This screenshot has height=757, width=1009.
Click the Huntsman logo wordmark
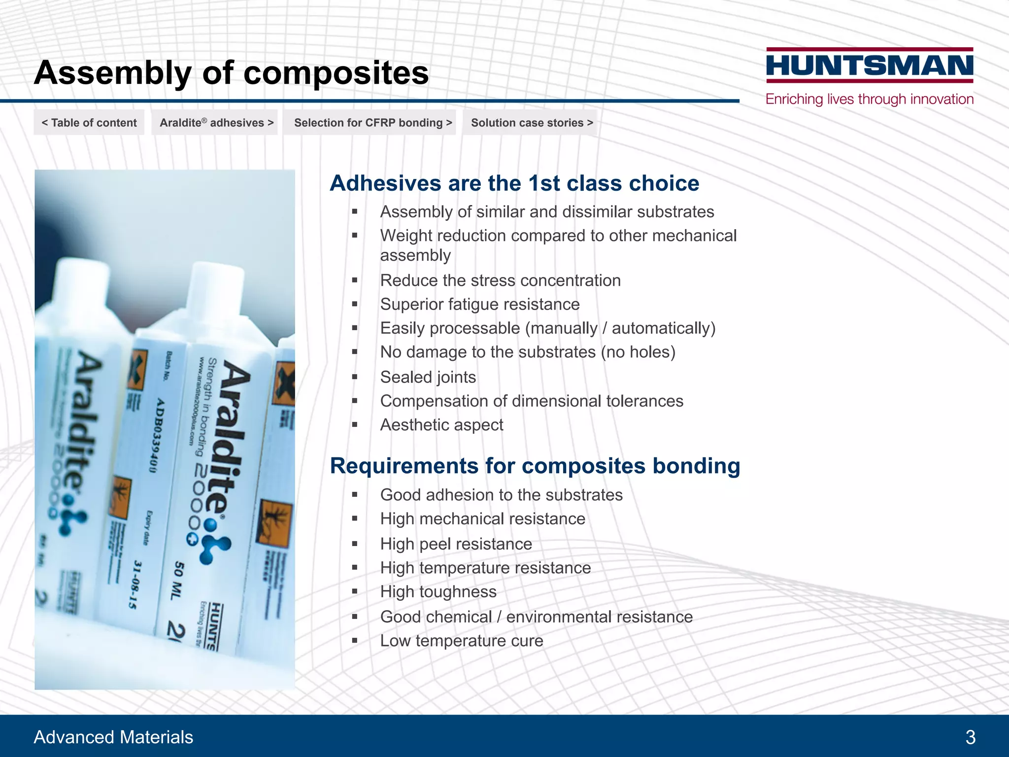[870, 66]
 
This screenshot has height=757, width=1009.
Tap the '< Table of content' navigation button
[89, 123]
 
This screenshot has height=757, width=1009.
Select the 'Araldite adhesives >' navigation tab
[216, 123]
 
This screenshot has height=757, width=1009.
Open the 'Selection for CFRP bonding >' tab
[372, 123]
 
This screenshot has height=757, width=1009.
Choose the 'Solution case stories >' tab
[532, 123]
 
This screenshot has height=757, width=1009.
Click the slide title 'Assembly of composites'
[231, 73]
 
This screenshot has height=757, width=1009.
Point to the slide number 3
[970, 737]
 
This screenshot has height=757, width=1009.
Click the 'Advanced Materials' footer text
[113, 737]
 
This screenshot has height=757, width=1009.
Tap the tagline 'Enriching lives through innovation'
[870, 99]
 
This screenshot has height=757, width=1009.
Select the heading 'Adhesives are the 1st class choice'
[514, 183]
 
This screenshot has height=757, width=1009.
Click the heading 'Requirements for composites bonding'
[535, 466]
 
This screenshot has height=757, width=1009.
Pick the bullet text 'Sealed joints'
[428, 377]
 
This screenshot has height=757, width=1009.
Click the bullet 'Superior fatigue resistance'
[479, 304]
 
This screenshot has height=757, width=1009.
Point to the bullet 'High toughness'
[438, 591]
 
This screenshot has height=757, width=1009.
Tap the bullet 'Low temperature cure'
[461, 641]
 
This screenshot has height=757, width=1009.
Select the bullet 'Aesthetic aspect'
[441, 425]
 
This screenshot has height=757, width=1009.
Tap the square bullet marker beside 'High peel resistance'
[355, 544]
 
